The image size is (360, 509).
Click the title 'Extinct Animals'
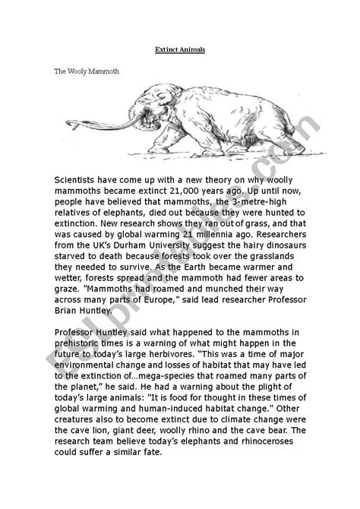pyautogui.click(x=179, y=49)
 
